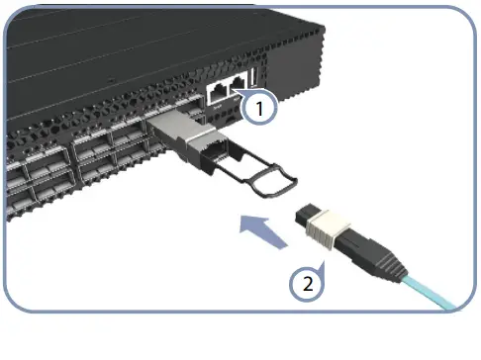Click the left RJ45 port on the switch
(x=218, y=91)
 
